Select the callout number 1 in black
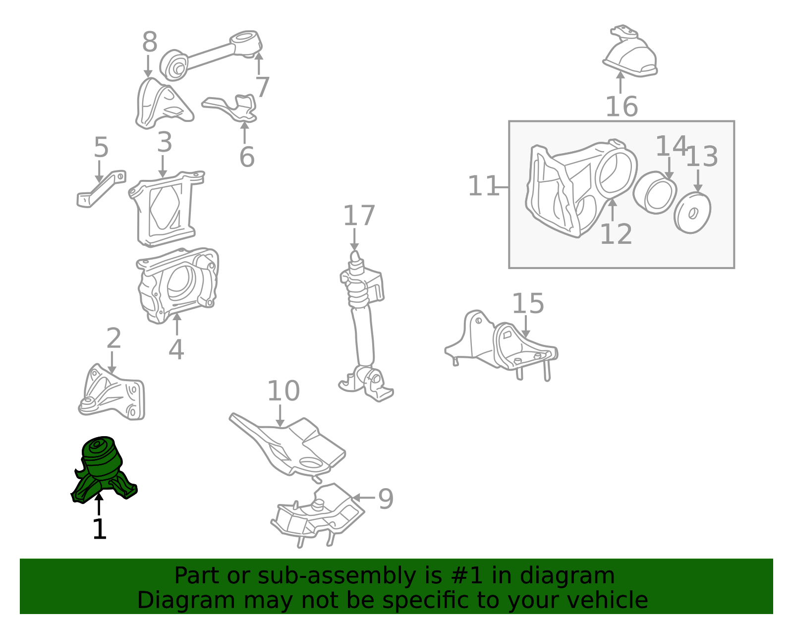[99, 529]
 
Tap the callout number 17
[359, 216]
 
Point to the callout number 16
[622, 107]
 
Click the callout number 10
[283, 391]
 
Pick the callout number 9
[386, 499]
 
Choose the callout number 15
[528, 303]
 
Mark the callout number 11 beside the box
[483, 186]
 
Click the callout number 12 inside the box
[616, 234]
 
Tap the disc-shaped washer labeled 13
[692, 212]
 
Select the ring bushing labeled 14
[655, 193]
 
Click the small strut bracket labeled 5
[101, 189]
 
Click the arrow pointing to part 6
[244, 132]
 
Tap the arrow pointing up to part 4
[177, 324]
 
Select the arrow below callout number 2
[112, 363]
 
